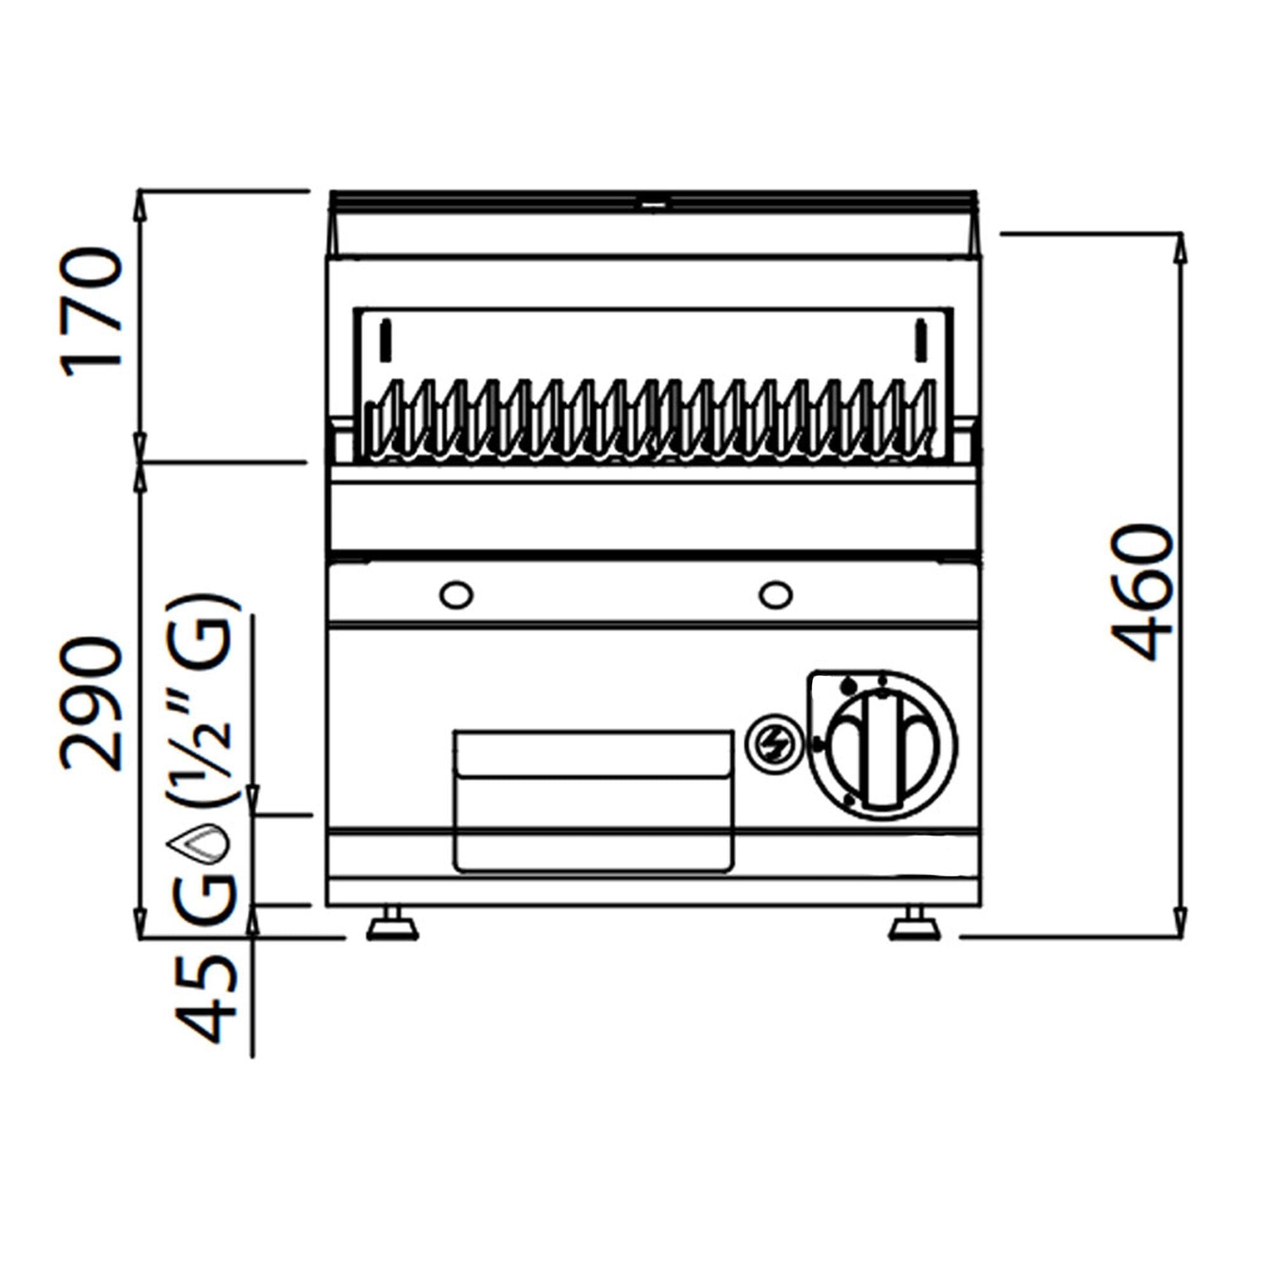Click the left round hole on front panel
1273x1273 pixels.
(x=456, y=595)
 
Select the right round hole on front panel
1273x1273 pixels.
(x=775, y=595)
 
